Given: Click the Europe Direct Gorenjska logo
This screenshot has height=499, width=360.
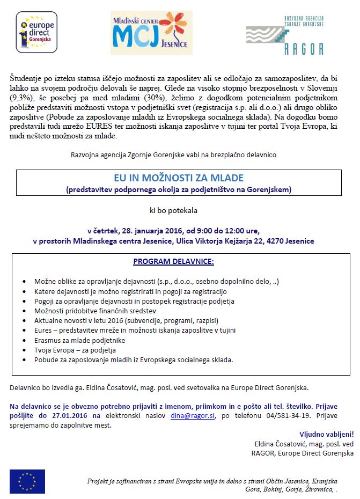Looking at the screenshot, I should [36, 33].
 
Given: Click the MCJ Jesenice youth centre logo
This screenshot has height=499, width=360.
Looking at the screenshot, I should [151, 32].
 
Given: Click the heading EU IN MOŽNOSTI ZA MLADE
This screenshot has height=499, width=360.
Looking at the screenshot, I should [179, 178].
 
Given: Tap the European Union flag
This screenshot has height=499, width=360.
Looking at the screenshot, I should [27, 481].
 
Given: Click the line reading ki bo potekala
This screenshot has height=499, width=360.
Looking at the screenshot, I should [179, 211].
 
